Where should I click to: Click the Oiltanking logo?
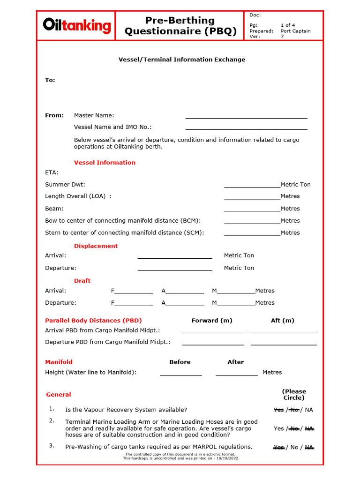[x=77, y=25]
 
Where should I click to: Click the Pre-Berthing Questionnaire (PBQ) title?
[x=180, y=26]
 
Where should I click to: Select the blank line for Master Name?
[x=246, y=115]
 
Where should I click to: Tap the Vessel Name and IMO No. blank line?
[x=246, y=127]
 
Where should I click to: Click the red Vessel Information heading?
[x=105, y=163]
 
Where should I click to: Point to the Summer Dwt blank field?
[x=252, y=185]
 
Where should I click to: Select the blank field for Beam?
[x=252, y=209]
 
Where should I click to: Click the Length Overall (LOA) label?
[x=78, y=196]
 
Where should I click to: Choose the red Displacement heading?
[x=96, y=246]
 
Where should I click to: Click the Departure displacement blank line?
[x=174, y=268]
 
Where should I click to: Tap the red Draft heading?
[x=82, y=281]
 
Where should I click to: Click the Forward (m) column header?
[x=212, y=321]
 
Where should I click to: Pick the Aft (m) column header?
[x=283, y=321]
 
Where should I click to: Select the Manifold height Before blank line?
[x=180, y=373]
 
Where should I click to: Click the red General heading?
[x=59, y=395]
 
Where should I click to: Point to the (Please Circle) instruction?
[x=294, y=394]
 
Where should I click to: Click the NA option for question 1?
[x=308, y=410]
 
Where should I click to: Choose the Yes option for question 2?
[x=278, y=428]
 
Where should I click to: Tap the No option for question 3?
[x=294, y=447]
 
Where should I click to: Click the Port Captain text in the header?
[x=295, y=31]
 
